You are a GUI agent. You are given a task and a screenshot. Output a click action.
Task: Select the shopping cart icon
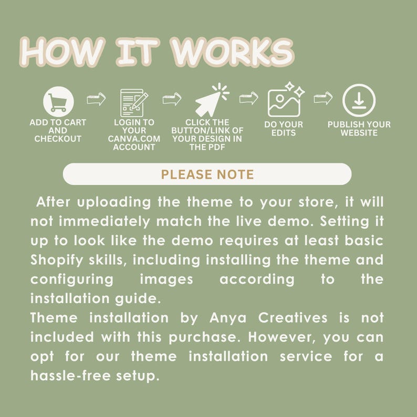click(58, 101)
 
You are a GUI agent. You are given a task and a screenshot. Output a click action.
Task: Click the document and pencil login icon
click(133, 102)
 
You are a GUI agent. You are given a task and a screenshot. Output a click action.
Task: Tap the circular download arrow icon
click(359, 100)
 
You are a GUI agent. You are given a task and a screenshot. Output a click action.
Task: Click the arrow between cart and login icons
click(96, 98)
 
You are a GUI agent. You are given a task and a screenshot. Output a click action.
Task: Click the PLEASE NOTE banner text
click(207, 174)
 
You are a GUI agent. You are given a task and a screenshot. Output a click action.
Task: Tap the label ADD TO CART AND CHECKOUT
click(58, 130)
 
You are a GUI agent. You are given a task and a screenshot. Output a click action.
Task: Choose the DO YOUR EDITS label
click(284, 129)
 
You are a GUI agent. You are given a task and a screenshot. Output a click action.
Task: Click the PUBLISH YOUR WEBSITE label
click(359, 129)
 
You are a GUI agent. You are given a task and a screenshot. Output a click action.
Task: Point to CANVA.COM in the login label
click(134, 139)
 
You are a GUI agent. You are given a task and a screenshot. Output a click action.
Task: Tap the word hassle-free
click(68, 376)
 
